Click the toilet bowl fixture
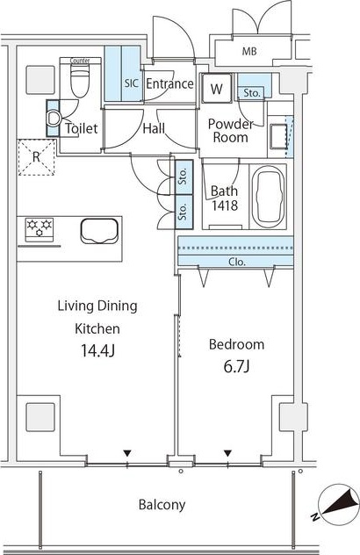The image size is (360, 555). [80, 82]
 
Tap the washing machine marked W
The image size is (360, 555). [217, 88]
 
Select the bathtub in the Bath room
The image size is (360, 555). [269, 197]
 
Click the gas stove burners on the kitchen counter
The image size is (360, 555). [40, 229]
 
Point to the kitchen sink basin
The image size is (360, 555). [99, 231]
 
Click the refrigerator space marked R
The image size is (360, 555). [37, 157]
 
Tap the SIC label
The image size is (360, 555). [131, 83]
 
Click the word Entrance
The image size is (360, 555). [169, 84]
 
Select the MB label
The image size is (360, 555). [249, 51]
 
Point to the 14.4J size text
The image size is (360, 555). [97, 350]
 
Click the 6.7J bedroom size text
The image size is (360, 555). [236, 367]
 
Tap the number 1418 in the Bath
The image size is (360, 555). [225, 205]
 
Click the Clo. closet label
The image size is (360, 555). [237, 262]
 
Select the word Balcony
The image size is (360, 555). [162, 505]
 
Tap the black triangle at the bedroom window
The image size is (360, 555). [227, 453]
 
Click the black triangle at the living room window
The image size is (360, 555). [127, 453]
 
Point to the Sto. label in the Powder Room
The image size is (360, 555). [252, 93]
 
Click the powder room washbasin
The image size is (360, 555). [278, 137]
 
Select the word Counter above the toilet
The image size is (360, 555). [80, 61]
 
